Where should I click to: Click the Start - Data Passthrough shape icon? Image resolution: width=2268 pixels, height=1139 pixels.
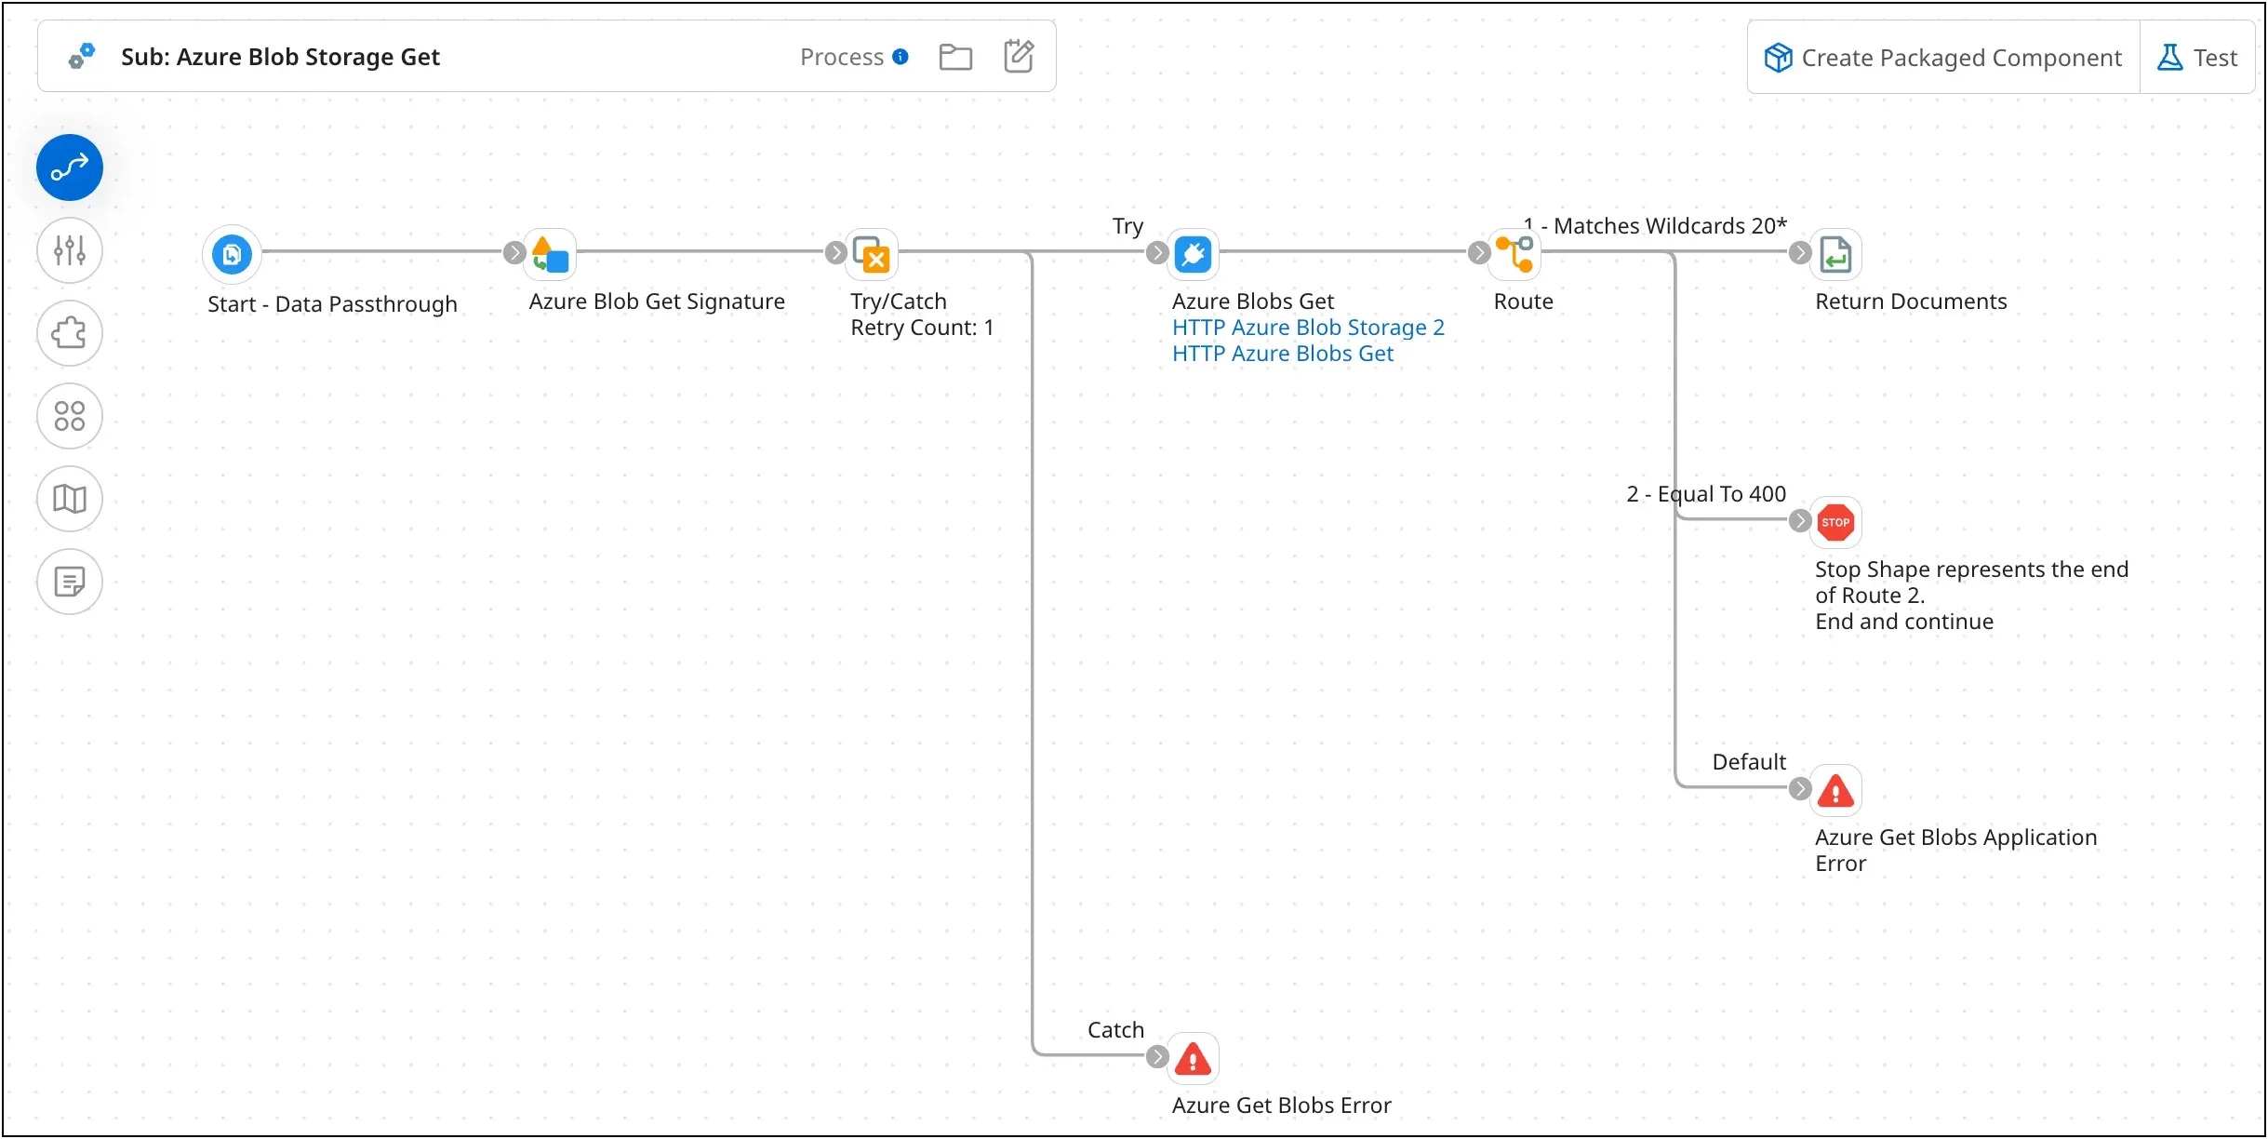click(x=232, y=253)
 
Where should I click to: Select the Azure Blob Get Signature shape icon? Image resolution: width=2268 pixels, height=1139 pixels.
click(x=551, y=254)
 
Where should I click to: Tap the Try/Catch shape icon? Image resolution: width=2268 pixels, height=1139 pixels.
click(x=873, y=254)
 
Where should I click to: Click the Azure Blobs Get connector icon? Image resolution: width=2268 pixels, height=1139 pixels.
click(x=1194, y=254)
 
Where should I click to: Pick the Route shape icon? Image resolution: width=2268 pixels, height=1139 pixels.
click(x=1515, y=254)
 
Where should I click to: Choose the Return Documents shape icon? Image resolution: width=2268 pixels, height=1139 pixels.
click(x=1835, y=254)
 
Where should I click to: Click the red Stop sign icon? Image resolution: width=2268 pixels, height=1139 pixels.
click(x=1835, y=522)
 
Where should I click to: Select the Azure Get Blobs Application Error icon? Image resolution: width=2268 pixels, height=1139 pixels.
click(x=1835, y=791)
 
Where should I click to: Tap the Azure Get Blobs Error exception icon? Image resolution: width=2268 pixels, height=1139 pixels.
click(x=1193, y=1059)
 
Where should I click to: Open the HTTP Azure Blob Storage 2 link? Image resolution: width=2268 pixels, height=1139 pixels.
click(x=1308, y=328)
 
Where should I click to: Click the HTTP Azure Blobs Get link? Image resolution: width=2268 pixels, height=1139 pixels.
click(x=1282, y=354)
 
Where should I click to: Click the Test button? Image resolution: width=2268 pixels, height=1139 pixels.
click(x=2198, y=58)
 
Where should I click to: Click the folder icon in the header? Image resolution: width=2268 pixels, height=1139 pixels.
click(x=955, y=57)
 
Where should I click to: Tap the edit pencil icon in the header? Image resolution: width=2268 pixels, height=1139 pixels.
click(x=1019, y=56)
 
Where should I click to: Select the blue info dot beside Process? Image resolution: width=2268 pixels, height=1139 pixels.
click(x=901, y=57)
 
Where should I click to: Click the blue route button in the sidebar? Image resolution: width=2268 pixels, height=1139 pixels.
click(x=70, y=168)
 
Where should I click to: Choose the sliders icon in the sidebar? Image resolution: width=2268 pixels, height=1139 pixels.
click(x=70, y=250)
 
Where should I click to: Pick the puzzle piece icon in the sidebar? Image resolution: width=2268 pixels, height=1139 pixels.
click(x=70, y=333)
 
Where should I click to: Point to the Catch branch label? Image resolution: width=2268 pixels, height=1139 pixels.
click(x=1115, y=1030)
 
